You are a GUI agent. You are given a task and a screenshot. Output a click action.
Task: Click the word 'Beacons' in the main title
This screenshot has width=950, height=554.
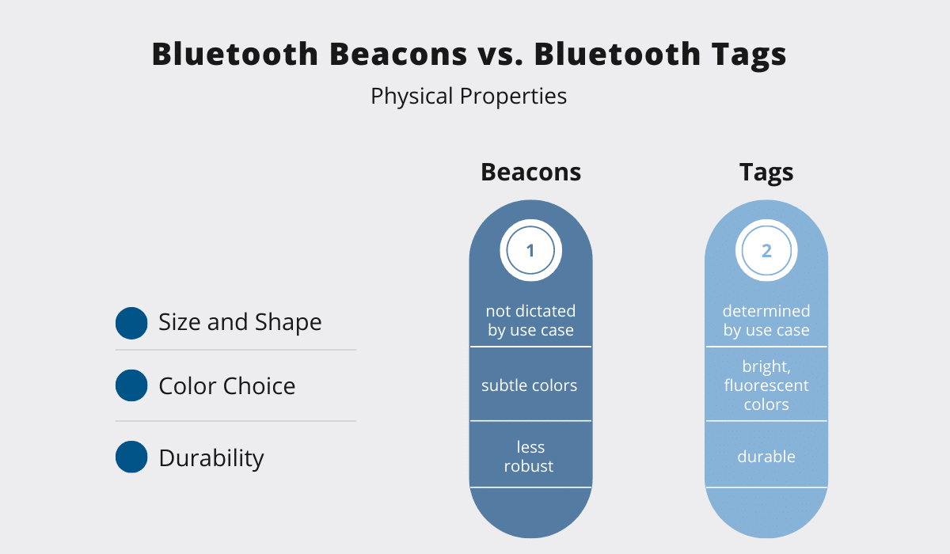click(398, 54)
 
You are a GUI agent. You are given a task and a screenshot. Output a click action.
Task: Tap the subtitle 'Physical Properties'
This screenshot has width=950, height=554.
click(469, 97)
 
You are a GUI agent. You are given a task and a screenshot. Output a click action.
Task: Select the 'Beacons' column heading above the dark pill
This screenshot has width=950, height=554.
click(530, 172)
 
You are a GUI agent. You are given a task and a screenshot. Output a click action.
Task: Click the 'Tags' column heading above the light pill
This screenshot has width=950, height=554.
click(766, 173)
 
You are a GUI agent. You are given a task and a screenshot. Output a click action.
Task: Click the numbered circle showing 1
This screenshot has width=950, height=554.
click(530, 251)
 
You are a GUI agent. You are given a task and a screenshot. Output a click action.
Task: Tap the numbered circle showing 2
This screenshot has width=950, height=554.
click(766, 251)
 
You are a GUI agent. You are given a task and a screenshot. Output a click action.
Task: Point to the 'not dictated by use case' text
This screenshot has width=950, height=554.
click(530, 321)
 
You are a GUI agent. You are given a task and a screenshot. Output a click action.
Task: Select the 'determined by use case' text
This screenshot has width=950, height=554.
click(766, 321)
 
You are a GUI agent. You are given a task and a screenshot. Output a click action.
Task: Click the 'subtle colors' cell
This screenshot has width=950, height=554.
click(530, 385)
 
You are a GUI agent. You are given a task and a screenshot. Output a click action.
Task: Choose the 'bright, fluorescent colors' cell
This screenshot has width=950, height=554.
click(766, 385)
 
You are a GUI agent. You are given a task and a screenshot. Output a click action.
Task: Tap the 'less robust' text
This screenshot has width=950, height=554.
click(529, 457)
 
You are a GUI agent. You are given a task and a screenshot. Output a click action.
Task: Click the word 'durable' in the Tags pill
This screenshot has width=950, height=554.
click(766, 457)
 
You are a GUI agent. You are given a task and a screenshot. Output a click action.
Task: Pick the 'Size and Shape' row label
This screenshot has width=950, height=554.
click(240, 322)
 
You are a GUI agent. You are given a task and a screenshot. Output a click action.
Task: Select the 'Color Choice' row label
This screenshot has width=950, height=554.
click(227, 385)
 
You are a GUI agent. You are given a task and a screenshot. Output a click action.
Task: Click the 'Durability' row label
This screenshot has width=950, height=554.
click(211, 458)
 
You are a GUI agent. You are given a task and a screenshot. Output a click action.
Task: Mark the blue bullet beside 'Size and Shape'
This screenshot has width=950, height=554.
click(131, 323)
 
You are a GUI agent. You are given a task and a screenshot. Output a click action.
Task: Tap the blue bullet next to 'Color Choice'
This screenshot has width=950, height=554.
click(131, 385)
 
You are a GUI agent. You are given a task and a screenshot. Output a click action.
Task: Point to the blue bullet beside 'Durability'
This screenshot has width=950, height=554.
click(131, 457)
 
